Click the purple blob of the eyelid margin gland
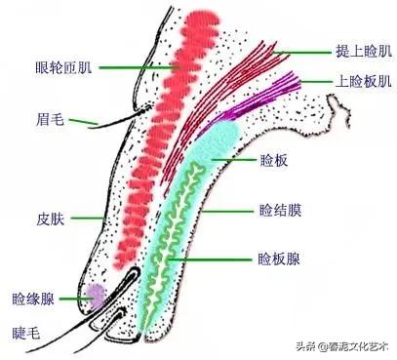(x=95, y=294)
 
